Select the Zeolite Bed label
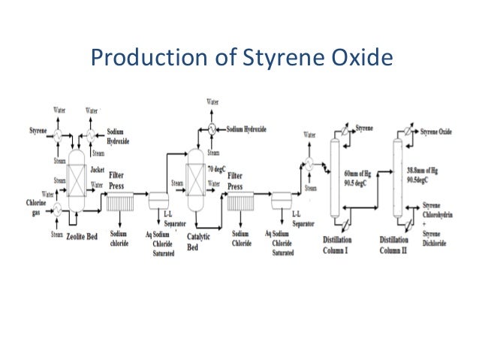[84, 235]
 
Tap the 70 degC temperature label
[218, 171]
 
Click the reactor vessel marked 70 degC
[197, 181]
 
